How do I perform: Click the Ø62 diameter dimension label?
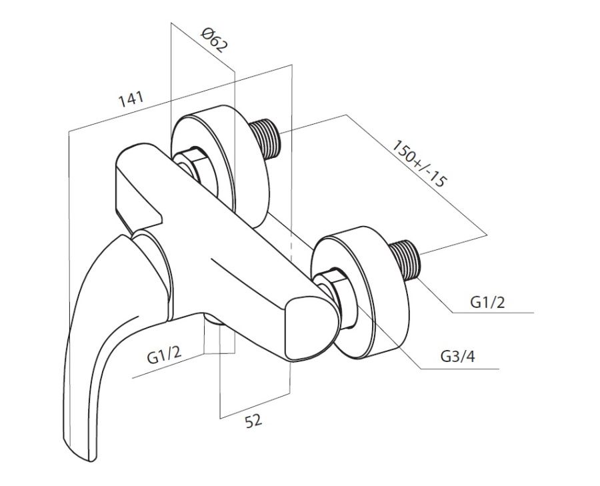point(214,40)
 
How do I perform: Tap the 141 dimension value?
point(131,99)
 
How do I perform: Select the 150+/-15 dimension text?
point(419,164)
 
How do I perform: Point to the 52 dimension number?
point(253,421)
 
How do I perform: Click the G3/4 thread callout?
point(457,356)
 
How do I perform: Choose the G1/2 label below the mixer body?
point(164,356)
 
